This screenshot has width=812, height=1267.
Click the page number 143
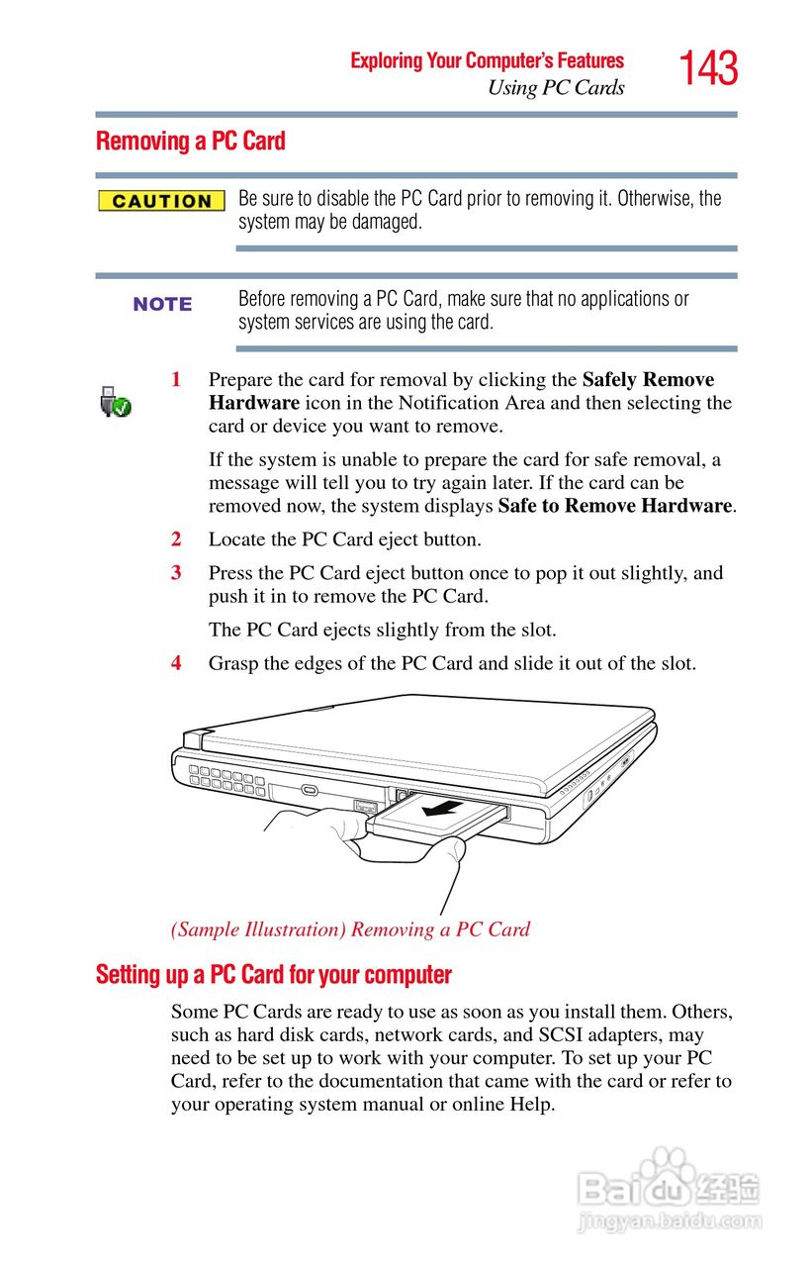click(x=708, y=69)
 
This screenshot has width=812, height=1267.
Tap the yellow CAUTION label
click(x=162, y=201)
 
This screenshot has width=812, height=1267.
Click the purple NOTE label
click(x=162, y=304)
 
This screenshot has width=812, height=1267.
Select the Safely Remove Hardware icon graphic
click(x=116, y=402)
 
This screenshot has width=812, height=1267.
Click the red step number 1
click(x=176, y=379)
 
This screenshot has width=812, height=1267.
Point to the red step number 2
click(x=176, y=539)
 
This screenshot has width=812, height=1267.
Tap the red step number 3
click(x=176, y=572)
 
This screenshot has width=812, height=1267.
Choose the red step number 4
click(x=176, y=662)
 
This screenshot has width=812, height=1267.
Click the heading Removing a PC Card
click(x=190, y=142)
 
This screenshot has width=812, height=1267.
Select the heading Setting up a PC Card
click(x=273, y=975)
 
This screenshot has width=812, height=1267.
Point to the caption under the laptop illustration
click(x=350, y=929)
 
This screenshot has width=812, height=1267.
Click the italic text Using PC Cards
click(x=556, y=88)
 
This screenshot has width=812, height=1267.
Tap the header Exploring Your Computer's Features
click(x=487, y=61)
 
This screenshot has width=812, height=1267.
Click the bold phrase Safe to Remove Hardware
click(x=614, y=506)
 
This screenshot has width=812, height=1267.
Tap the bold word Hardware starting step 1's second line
click(x=253, y=403)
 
